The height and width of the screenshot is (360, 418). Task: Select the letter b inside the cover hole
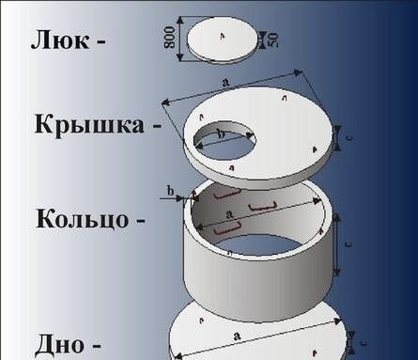click(x=221, y=134)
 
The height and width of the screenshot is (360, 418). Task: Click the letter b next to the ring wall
click(x=170, y=191)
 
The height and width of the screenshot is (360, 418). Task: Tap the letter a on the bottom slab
click(x=232, y=335)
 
